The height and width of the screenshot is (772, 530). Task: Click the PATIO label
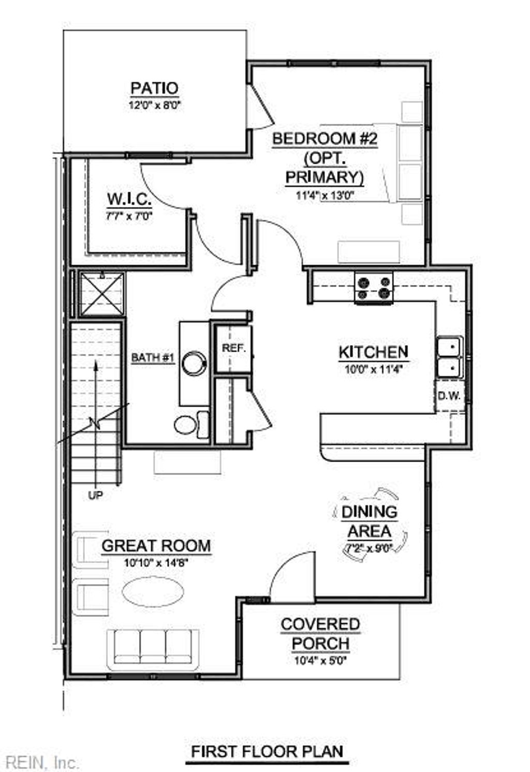[154, 88]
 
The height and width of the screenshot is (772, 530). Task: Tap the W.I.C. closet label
[129, 198]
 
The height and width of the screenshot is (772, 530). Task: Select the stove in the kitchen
[374, 288]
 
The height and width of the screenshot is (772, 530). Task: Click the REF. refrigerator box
[233, 348]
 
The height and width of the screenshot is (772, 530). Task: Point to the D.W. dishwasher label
[449, 396]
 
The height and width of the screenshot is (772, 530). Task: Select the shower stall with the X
[102, 294]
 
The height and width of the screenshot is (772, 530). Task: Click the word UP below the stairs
[96, 495]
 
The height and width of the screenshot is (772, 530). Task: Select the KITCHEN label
[373, 352]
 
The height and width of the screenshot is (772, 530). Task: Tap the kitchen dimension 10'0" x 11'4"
[373, 369]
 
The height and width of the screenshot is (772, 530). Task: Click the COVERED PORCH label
[320, 634]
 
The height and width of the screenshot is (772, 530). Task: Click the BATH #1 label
[153, 358]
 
